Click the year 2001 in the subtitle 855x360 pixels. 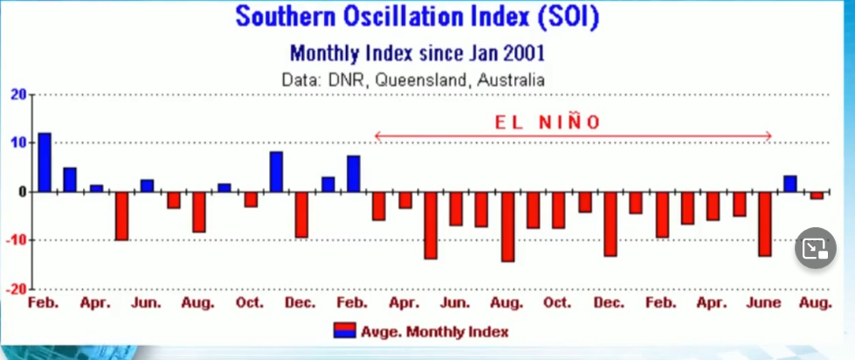coord(521,52)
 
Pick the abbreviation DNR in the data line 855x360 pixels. coord(345,80)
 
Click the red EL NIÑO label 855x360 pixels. coord(548,122)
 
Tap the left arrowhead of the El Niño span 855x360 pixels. coord(377,135)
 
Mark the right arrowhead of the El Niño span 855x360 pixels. coord(768,135)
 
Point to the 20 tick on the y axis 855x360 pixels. coord(18,94)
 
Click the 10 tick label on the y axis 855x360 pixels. coord(18,142)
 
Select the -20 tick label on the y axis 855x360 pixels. coord(16,287)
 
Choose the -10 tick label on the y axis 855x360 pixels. coord(16,239)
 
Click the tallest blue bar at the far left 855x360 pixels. coord(45,163)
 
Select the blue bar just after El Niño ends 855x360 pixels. coord(789,183)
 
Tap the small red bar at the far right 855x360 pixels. coord(816,195)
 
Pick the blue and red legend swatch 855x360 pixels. coord(345,331)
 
